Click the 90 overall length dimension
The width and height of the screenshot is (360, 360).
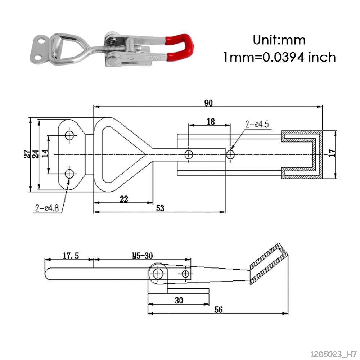[x=208, y=103]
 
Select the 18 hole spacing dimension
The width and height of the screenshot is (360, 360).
[x=211, y=122]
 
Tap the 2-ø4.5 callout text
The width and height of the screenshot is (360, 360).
[x=257, y=125]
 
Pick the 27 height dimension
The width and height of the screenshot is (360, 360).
[x=27, y=154]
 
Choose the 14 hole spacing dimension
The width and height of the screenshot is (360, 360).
[x=45, y=154]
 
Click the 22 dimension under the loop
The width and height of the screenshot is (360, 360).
[x=123, y=199]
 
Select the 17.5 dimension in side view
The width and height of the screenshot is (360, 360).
[x=71, y=256]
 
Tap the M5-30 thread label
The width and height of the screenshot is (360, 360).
[x=142, y=256]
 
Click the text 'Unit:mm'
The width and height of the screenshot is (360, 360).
[x=279, y=40]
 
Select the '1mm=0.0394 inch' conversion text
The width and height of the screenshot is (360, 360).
[x=279, y=57]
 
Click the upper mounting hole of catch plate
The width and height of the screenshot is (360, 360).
[x=69, y=135]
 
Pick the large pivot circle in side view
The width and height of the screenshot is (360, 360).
[x=157, y=274]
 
